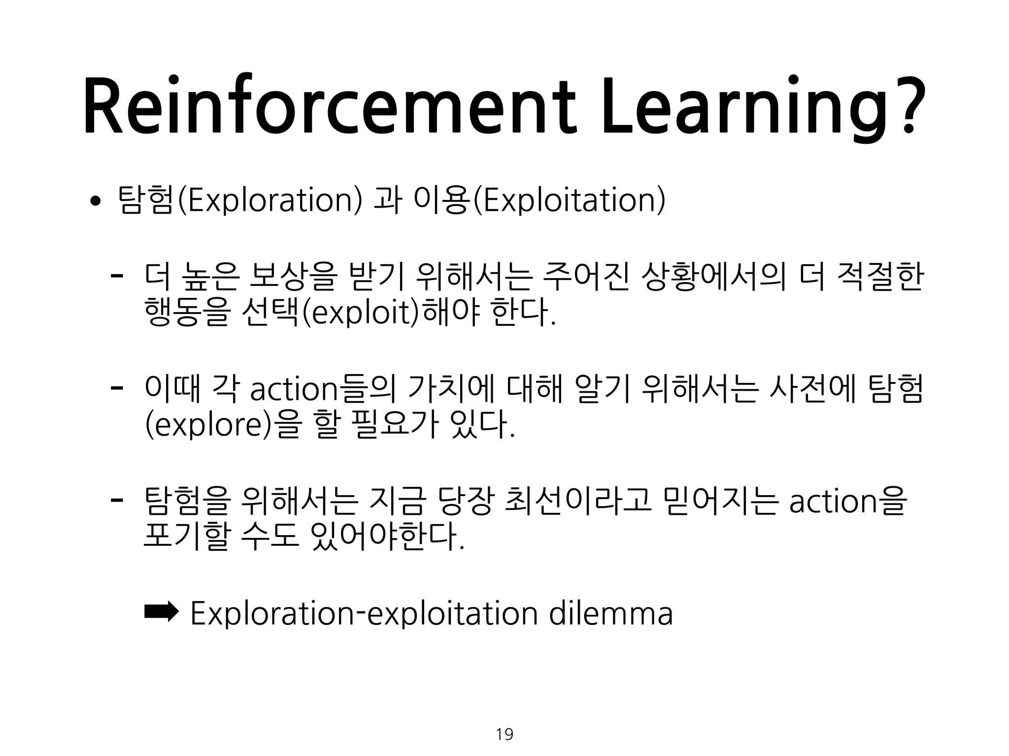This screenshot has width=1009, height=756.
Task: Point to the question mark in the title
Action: pyautogui.click(x=907, y=106)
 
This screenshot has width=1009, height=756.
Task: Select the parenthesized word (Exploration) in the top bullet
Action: pyautogui.click(x=270, y=200)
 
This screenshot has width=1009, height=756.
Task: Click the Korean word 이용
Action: pyautogui.click(x=441, y=200)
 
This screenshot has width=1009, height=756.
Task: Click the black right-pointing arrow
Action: pyautogui.click(x=161, y=612)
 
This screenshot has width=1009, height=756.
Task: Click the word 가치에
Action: pyautogui.click(x=450, y=389)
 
